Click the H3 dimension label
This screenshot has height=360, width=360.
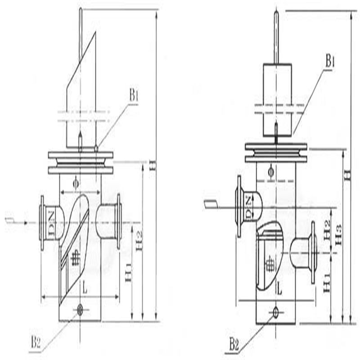pos(338,234)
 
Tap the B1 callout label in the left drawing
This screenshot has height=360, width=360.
pos(134,95)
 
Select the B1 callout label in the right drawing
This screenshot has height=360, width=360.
pos(330,61)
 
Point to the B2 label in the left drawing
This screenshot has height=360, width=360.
pos(36,343)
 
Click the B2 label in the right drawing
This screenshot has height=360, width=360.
pos(234,346)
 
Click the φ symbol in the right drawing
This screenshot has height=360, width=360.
pos(270,171)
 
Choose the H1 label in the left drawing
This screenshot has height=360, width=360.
pos(129,273)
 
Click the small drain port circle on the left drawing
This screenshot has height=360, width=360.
pos(80,310)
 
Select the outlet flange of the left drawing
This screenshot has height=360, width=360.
pos(119,221)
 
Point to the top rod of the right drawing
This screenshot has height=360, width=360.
pos(276,36)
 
